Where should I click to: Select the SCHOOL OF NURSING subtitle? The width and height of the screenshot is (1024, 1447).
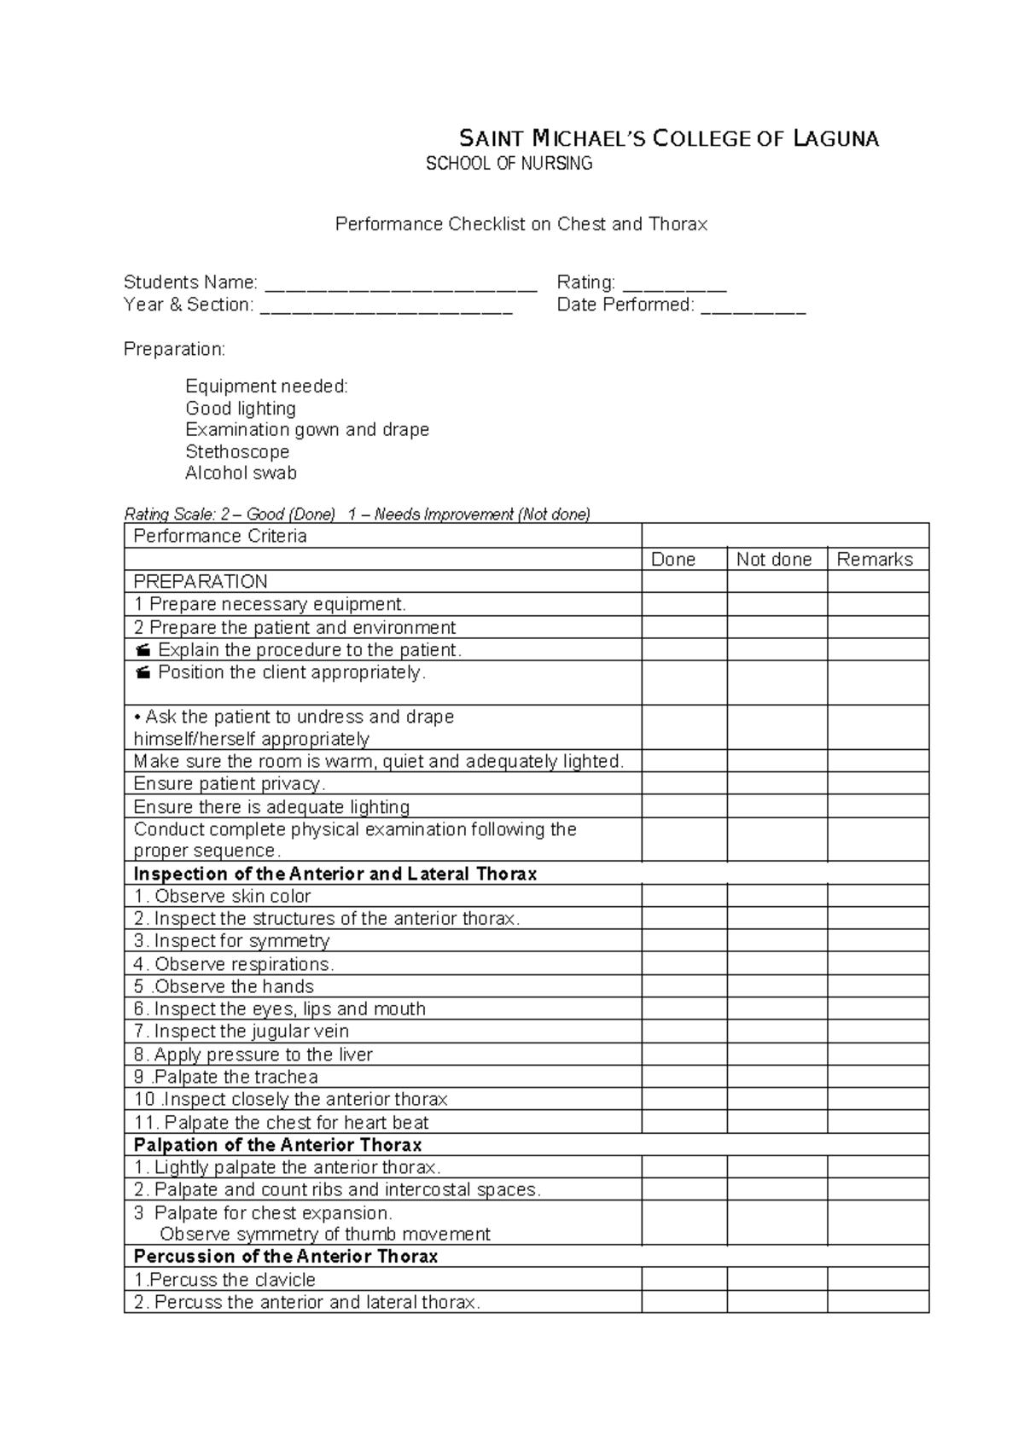pos(509,164)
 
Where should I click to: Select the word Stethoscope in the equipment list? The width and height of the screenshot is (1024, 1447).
pos(237,451)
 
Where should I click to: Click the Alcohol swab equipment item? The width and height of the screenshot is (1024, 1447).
pos(241,473)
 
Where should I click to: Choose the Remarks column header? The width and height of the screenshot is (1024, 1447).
pos(875,559)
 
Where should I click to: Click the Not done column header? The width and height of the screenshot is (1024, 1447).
pos(773,559)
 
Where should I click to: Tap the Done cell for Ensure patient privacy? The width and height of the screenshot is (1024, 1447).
pos(684,783)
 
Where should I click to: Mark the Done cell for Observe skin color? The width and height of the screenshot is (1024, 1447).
pos(684,896)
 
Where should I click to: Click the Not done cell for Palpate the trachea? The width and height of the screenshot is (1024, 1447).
pos(777,1077)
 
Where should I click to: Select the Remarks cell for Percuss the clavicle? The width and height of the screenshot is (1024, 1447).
pos(877,1279)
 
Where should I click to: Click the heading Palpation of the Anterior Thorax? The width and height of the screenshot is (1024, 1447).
pos(277,1145)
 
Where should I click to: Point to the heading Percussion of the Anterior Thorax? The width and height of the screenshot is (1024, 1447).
pos(286,1256)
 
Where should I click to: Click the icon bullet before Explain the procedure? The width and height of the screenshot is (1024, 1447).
pos(143,650)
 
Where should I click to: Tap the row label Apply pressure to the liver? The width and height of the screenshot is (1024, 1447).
pos(253,1055)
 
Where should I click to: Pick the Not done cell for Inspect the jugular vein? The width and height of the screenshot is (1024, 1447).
pos(777,1031)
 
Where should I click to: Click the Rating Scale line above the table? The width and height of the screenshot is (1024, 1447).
pos(357,514)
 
